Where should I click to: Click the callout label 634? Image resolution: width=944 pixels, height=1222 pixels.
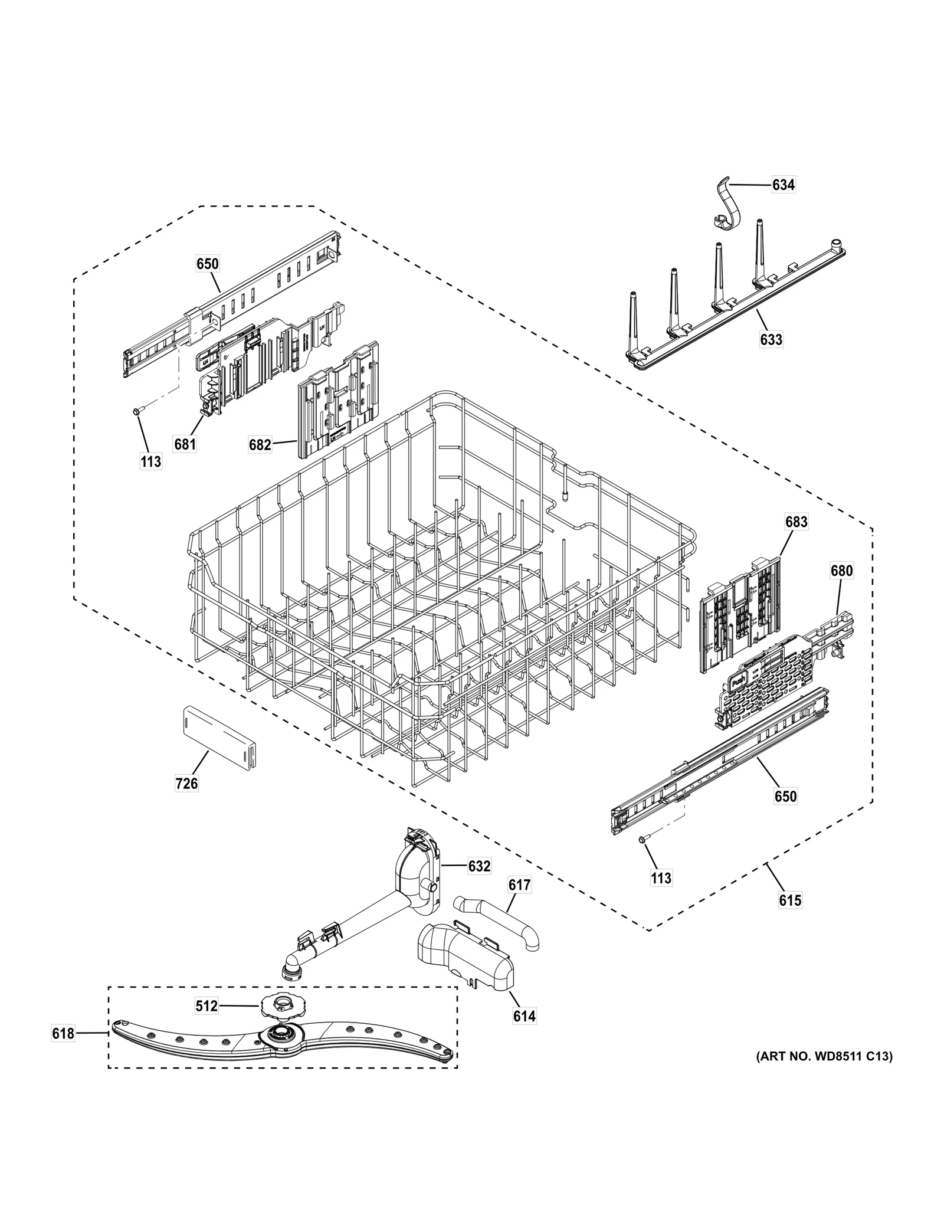tap(783, 185)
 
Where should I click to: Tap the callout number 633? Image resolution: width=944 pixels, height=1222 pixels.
tap(771, 339)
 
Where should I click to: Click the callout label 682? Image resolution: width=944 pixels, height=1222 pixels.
tap(260, 444)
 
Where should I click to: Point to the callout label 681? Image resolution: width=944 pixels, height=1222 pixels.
tap(185, 443)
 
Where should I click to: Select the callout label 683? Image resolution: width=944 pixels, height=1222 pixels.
tap(796, 522)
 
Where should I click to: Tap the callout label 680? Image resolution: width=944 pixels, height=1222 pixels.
tap(841, 571)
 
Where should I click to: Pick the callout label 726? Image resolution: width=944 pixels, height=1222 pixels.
tap(186, 784)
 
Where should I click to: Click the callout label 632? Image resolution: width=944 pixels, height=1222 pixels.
tap(479, 866)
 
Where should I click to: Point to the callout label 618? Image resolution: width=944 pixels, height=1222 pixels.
tap(63, 1033)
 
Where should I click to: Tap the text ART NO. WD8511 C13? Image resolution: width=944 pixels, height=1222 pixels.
tap(824, 1056)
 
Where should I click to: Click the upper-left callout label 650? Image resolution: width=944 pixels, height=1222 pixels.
tap(207, 264)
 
